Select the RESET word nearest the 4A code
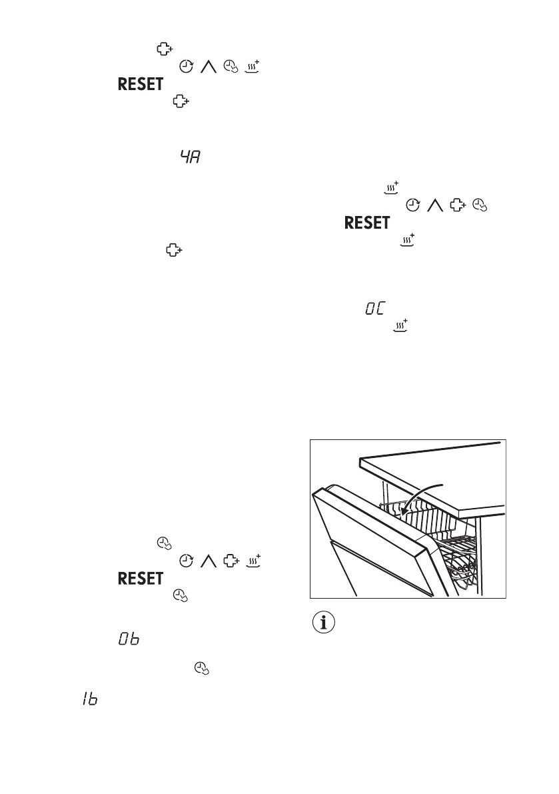141,84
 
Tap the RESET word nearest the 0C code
367,223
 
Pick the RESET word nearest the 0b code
141,579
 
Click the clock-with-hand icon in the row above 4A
229,67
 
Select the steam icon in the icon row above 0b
253,561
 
